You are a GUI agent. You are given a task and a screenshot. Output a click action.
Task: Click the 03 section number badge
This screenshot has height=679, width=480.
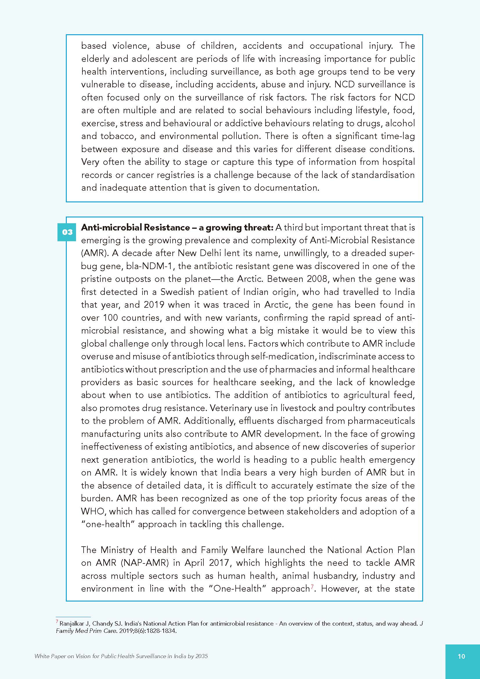click(x=67, y=232)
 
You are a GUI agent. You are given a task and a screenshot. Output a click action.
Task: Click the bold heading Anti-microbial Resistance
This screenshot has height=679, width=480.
click(x=136, y=227)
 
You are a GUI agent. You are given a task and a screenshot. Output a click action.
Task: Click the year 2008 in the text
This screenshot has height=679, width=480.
click(x=317, y=279)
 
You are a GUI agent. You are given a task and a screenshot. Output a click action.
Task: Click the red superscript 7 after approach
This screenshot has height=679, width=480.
click(x=312, y=587)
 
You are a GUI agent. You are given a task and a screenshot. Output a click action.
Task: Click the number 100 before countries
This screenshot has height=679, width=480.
click(x=111, y=318)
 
